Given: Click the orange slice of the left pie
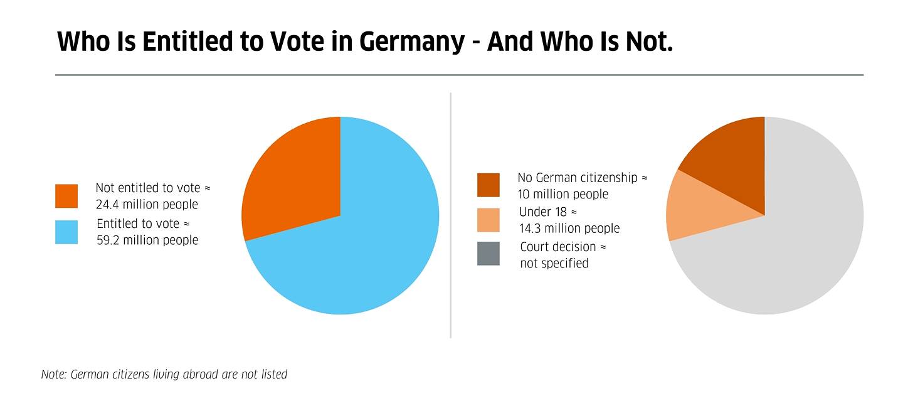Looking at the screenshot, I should tap(295, 182).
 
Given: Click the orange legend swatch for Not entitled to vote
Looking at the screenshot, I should tap(66, 196).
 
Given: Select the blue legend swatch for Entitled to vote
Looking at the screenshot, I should tap(66, 232).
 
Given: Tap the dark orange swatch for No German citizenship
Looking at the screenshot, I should tap(488, 185).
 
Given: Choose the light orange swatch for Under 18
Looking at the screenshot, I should tap(488, 220).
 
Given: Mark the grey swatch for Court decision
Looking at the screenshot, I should tap(488, 254).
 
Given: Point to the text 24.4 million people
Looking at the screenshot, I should tap(146, 205).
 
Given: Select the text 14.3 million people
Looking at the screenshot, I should tap(569, 229).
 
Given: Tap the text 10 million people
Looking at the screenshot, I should tap(562, 195).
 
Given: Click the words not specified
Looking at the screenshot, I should tap(554, 264).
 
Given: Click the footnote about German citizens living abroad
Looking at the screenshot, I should tap(164, 375).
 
